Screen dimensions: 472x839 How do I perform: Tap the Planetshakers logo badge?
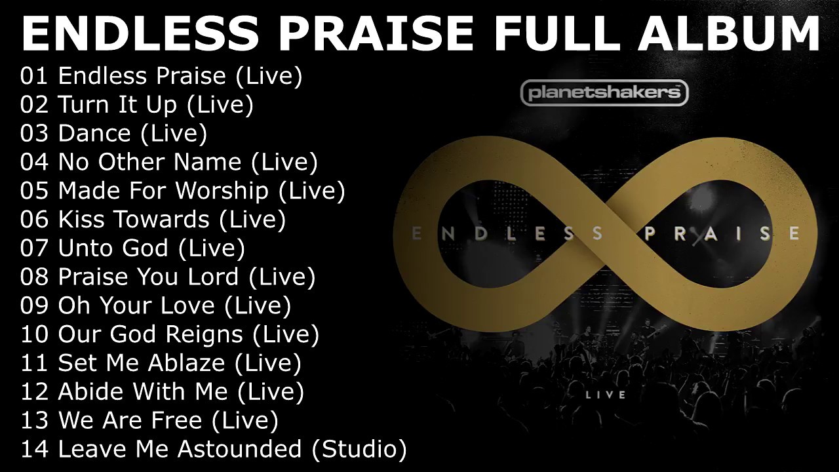(604, 93)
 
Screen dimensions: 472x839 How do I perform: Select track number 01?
(34, 76)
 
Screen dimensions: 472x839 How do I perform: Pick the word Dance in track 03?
(94, 134)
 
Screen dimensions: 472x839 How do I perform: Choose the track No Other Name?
(149, 162)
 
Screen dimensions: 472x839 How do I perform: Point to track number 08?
(34, 277)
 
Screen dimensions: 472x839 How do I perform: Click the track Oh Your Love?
(136, 305)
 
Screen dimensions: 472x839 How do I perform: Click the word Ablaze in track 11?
(185, 363)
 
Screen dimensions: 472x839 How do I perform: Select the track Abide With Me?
(143, 392)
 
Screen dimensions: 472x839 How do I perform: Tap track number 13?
(34, 420)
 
